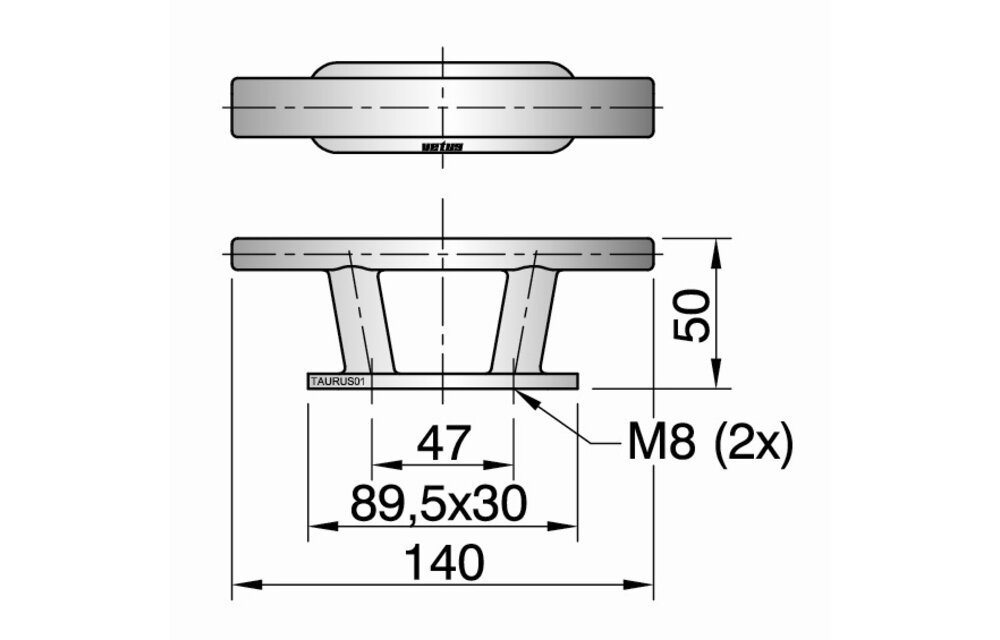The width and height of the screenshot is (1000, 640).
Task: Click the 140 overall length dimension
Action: pyautogui.click(x=445, y=562)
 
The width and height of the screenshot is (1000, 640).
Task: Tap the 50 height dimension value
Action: pyautogui.click(x=691, y=316)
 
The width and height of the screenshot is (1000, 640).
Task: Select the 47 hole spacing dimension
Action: pyautogui.click(x=444, y=443)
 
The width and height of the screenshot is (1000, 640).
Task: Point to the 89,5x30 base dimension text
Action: pyautogui.click(x=439, y=503)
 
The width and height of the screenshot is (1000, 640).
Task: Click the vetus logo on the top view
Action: pyautogui.click(x=442, y=147)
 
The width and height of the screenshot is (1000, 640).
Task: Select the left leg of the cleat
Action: pyautogui.click(x=362, y=321)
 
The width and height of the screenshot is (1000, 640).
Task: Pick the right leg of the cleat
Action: pyautogui.click(x=524, y=321)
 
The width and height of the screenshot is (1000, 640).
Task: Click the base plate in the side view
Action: pyautogui.click(x=443, y=381)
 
